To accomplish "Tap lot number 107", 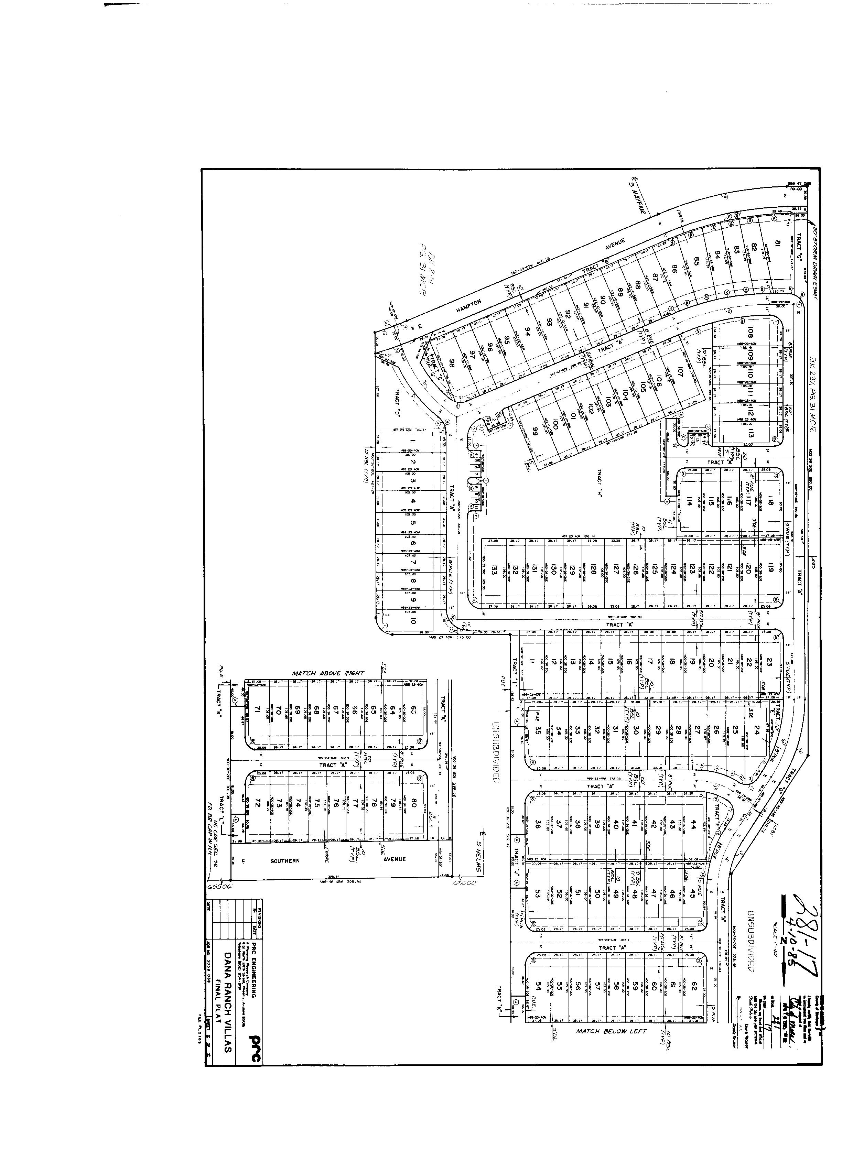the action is coord(680,371).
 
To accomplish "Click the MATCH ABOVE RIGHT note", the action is coord(328,673).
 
